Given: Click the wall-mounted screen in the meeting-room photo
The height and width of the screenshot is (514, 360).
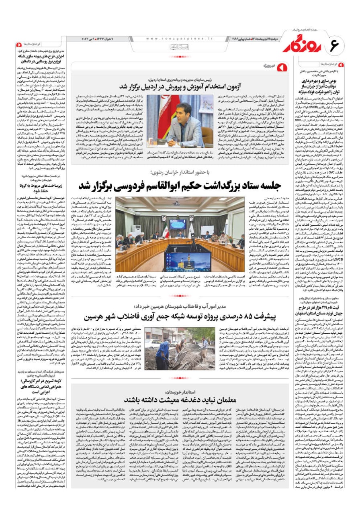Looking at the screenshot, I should pyautogui.click(x=177, y=224).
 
